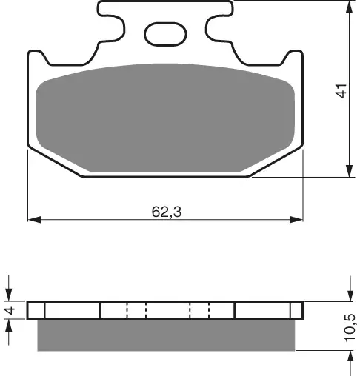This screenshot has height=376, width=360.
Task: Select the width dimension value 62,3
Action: [167, 212]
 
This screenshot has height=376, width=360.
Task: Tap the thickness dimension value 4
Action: [10, 311]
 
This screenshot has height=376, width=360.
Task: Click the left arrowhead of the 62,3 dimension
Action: [33, 220]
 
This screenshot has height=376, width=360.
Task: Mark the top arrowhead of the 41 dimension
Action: [348, 7]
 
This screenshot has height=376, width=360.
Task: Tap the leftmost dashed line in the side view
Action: [127, 310]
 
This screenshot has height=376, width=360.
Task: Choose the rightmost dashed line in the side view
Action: [210, 310]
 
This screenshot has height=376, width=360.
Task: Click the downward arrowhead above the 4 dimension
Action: [10, 295]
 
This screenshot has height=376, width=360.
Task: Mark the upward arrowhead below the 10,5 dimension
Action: [349, 356]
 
